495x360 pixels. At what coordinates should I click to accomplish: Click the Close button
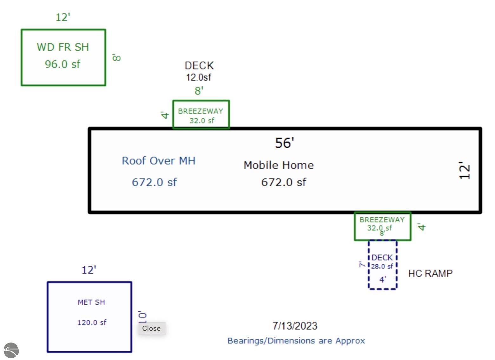[x=152, y=328]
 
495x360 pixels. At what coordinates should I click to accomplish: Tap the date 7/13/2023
[x=295, y=326]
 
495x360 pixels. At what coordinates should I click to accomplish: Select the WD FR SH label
[x=63, y=47]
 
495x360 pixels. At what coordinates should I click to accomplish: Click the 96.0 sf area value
[x=63, y=64]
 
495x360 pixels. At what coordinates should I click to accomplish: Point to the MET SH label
[x=91, y=302]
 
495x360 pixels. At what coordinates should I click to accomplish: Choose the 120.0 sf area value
[x=92, y=323]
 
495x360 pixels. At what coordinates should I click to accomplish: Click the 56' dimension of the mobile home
[x=284, y=143]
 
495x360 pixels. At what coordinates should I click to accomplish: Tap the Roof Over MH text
[x=159, y=161]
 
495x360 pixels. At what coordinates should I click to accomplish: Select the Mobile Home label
[x=279, y=165]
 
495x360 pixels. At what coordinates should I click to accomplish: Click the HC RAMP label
[x=430, y=273]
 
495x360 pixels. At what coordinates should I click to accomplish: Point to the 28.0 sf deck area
[x=382, y=266]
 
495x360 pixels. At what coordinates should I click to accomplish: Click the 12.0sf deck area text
[x=198, y=77]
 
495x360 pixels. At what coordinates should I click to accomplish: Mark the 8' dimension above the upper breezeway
[x=199, y=90]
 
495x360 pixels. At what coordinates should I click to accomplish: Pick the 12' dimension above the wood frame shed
[x=63, y=17]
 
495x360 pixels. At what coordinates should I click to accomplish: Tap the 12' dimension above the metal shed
[x=89, y=270]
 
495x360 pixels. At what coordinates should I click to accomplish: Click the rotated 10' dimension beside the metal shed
[x=142, y=317]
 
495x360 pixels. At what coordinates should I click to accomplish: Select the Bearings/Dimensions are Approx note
[x=296, y=341]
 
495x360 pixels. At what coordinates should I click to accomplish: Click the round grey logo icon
[x=11, y=350]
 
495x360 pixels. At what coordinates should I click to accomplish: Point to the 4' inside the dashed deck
[x=383, y=279]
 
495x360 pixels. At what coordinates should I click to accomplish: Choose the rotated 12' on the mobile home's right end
[x=464, y=170]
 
